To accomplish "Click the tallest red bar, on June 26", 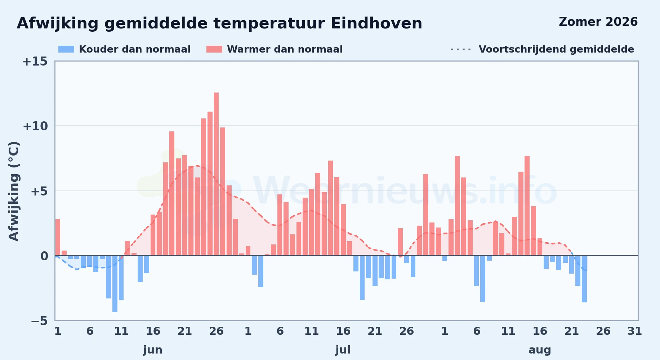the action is coord(216,174).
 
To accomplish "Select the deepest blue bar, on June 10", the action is coord(115,284).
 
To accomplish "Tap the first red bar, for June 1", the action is coord(58,237).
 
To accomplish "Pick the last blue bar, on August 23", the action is coord(584,279).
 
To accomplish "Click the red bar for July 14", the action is coord(330,208).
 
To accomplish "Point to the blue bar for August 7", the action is coord(483,279).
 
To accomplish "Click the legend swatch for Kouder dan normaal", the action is coord(66,49).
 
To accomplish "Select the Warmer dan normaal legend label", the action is coord(285,49).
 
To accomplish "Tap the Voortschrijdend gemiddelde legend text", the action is coord(556,49).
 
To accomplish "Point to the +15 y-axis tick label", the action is coord(35,62).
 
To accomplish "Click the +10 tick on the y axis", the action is coord(35,126).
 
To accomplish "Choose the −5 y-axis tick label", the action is coord(39,321).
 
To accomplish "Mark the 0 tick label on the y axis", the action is coord(44,256).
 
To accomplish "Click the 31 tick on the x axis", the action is coord(634,331).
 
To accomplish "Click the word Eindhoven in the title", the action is coord(376,23).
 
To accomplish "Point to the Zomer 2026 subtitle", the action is coord(598,22).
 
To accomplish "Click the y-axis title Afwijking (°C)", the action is coord(14,191).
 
